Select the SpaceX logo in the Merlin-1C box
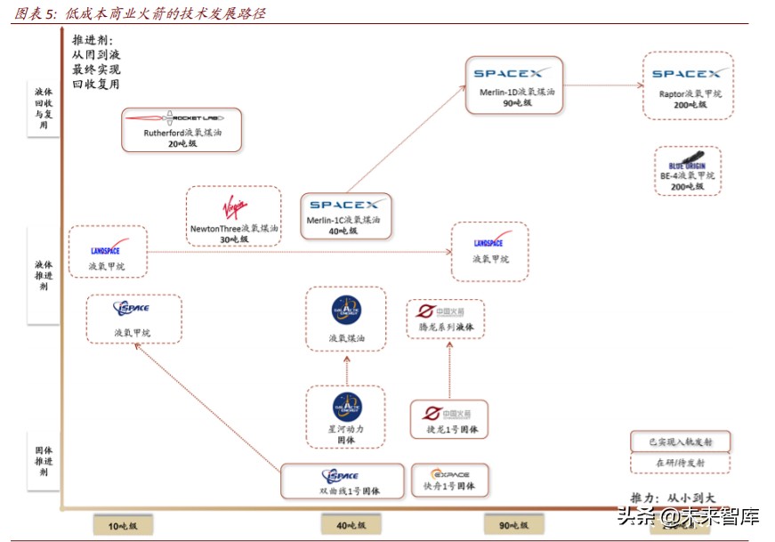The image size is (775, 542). pos(343,205)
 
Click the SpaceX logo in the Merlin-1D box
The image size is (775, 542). pos(513,74)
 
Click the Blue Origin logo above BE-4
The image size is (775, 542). pos(687,163)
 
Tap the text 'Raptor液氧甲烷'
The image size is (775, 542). pos(690,93)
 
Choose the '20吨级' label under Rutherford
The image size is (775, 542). pos(182,143)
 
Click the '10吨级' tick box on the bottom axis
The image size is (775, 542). pos(123,526)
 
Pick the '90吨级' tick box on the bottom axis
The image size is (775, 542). pos(514,526)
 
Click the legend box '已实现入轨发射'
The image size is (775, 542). pos(680,442)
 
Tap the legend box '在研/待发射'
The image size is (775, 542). pos(680,463)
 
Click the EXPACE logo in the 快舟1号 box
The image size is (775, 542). pos(449,474)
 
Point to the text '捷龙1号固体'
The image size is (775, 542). pos(449,430)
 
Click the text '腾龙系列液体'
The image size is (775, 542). pos(447,328)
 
